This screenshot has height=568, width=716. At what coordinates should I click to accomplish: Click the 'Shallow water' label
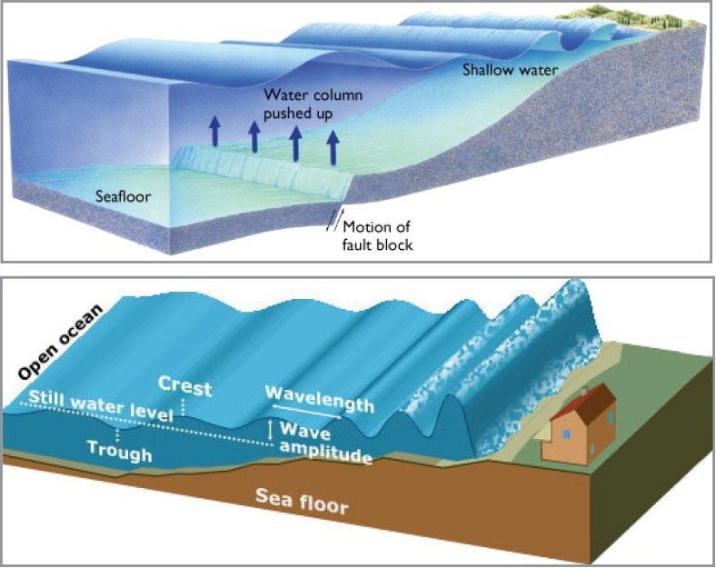click(x=510, y=70)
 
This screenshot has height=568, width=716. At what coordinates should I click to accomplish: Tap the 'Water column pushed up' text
click(x=313, y=105)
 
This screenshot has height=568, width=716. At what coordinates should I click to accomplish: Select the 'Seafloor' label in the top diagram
click(x=124, y=196)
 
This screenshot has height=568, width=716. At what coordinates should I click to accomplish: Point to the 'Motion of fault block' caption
click(x=378, y=235)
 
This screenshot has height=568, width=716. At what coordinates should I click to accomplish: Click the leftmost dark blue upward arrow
click(x=214, y=131)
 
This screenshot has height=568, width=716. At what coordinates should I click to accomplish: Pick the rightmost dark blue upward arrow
click(x=333, y=147)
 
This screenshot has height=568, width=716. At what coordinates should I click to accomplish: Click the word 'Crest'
click(x=185, y=386)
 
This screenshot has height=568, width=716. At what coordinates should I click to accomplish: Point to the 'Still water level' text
click(x=101, y=405)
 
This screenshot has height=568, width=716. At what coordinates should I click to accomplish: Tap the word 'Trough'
click(x=119, y=451)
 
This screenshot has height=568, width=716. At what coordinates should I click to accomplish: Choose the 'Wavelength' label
click(x=319, y=399)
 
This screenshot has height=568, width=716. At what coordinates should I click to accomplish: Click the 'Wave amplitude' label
click(x=325, y=443)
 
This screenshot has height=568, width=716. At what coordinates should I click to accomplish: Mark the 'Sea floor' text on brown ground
click(x=302, y=501)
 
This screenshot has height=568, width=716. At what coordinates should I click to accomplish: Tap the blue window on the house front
click(x=566, y=434)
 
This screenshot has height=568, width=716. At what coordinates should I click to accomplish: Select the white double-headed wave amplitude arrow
click(x=271, y=431)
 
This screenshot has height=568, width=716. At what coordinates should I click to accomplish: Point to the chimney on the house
click(x=583, y=391)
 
